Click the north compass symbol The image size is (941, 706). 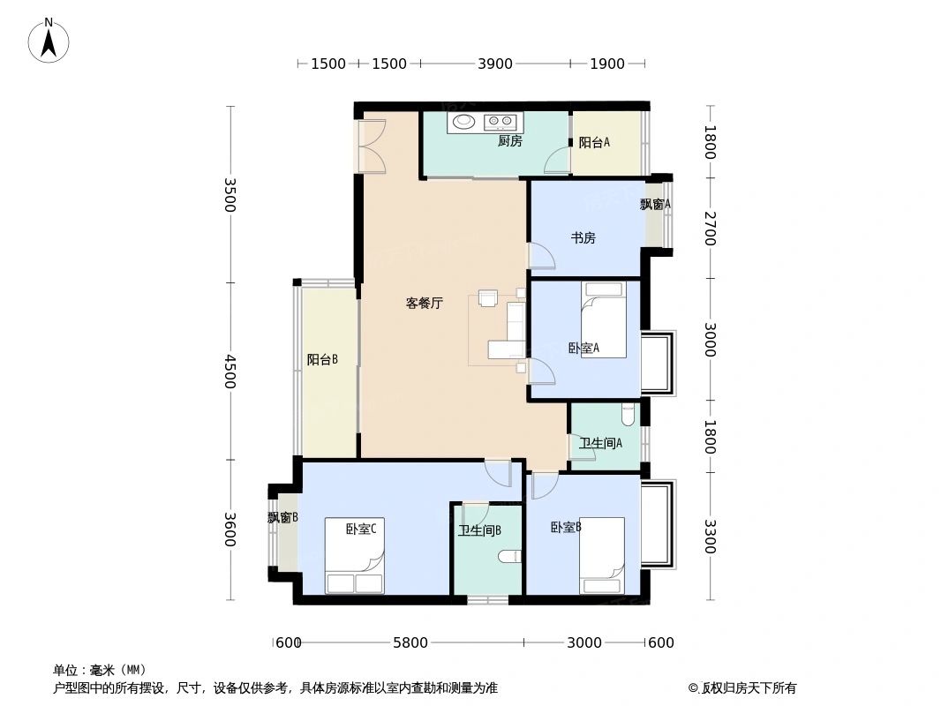(49, 41)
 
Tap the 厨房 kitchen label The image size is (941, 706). (509, 140)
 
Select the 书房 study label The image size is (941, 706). (583, 237)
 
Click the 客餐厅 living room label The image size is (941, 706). (424, 303)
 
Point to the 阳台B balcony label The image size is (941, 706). (322, 359)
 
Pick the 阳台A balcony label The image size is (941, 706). (594, 143)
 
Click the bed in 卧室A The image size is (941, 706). (604, 319)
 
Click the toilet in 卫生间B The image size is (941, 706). (509, 556)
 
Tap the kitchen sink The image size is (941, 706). (463, 122)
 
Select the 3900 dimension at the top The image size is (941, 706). (494, 64)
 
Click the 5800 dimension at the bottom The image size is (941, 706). (410, 642)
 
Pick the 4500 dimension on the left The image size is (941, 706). (230, 372)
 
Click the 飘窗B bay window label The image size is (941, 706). (282, 518)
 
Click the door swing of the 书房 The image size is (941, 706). (540, 255)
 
